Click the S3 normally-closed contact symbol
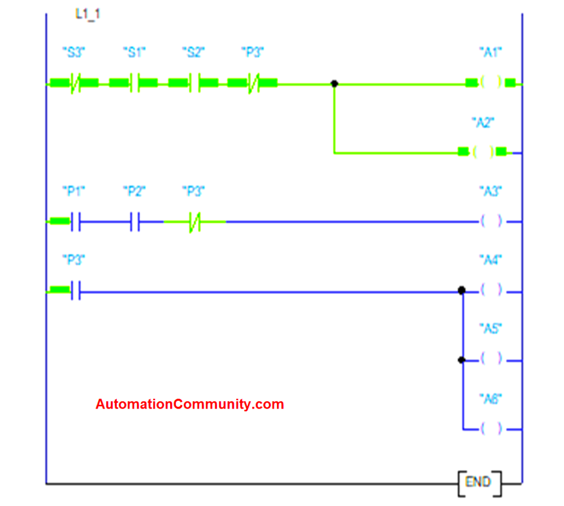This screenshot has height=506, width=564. (x=75, y=84)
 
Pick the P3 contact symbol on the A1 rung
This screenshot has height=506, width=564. (x=253, y=84)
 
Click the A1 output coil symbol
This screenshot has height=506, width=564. (x=491, y=83)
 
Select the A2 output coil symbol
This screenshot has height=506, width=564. (x=483, y=152)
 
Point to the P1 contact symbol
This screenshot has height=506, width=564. (x=75, y=221)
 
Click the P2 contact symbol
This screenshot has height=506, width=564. (x=134, y=221)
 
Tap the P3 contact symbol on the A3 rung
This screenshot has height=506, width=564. (x=194, y=221)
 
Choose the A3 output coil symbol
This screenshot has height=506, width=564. (x=491, y=221)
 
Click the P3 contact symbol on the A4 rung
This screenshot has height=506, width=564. (x=75, y=290)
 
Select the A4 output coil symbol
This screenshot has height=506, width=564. (x=491, y=290)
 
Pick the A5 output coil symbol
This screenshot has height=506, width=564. (x=491, y=358)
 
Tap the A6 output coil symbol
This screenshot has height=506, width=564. (x=491, y=428)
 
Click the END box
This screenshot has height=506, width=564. (x=480, y=483)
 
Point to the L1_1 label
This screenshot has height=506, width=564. (x=88, y=14)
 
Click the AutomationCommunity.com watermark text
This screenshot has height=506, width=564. (x=189, y=404)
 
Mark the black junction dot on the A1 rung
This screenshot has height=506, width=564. (x=334, y=84)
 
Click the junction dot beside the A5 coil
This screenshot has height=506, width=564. (x=462, y=360)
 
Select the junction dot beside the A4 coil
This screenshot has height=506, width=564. (x=462, y=290)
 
